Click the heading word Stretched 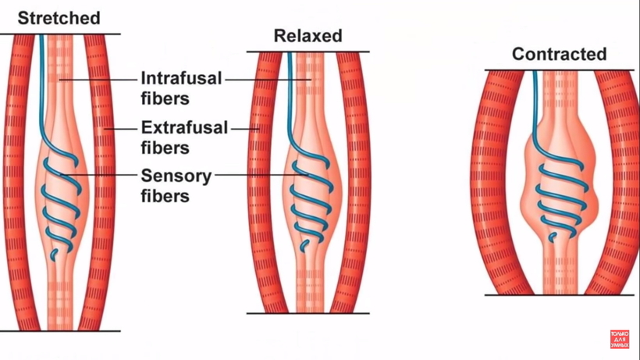pyautogui.click(x=59, y=17)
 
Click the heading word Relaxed pyautogui.click(x=308, y=36)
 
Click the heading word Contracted pyautogui.click(x=559, y=54)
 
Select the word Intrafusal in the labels pyautogui.click(x=182, y=79)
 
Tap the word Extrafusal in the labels pyautogui.click(x=184, y=127)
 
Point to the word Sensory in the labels pyautogui.click(x=176, y=176)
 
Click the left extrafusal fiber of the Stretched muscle pyautogui.click(x=23, y=180)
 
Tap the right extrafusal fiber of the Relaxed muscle pyautogui.click(x=350, y=184)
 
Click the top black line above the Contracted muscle pyautogui.click(x=559, y=70)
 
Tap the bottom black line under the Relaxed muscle pyautogui.click(x=308, y=313)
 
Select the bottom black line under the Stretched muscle pyautogui.click(x=60, y=330)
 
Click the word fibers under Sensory pyautogui.click(x=165, y=196)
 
